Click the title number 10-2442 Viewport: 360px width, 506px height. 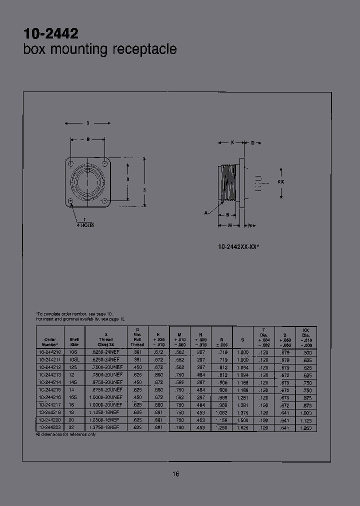(x=51, y=33)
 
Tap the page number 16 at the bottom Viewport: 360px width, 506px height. (x=176, y=474)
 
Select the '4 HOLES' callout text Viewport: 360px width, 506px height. (x=85, y=225)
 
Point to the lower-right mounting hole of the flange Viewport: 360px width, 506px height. (x=104, y=201)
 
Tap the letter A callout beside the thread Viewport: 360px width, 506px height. (x=205, y=212)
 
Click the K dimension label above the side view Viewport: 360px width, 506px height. (x=232, y=143)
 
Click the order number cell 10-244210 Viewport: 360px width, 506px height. (x=50, y=352)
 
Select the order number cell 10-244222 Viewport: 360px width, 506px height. (x=50, y=428)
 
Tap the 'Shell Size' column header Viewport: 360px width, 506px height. (x=74, y=341)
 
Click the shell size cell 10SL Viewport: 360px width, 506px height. (x=74, y=359)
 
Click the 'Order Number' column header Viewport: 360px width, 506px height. (x=50, y=341)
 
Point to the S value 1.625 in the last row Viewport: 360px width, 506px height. (x=242, y=428)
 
